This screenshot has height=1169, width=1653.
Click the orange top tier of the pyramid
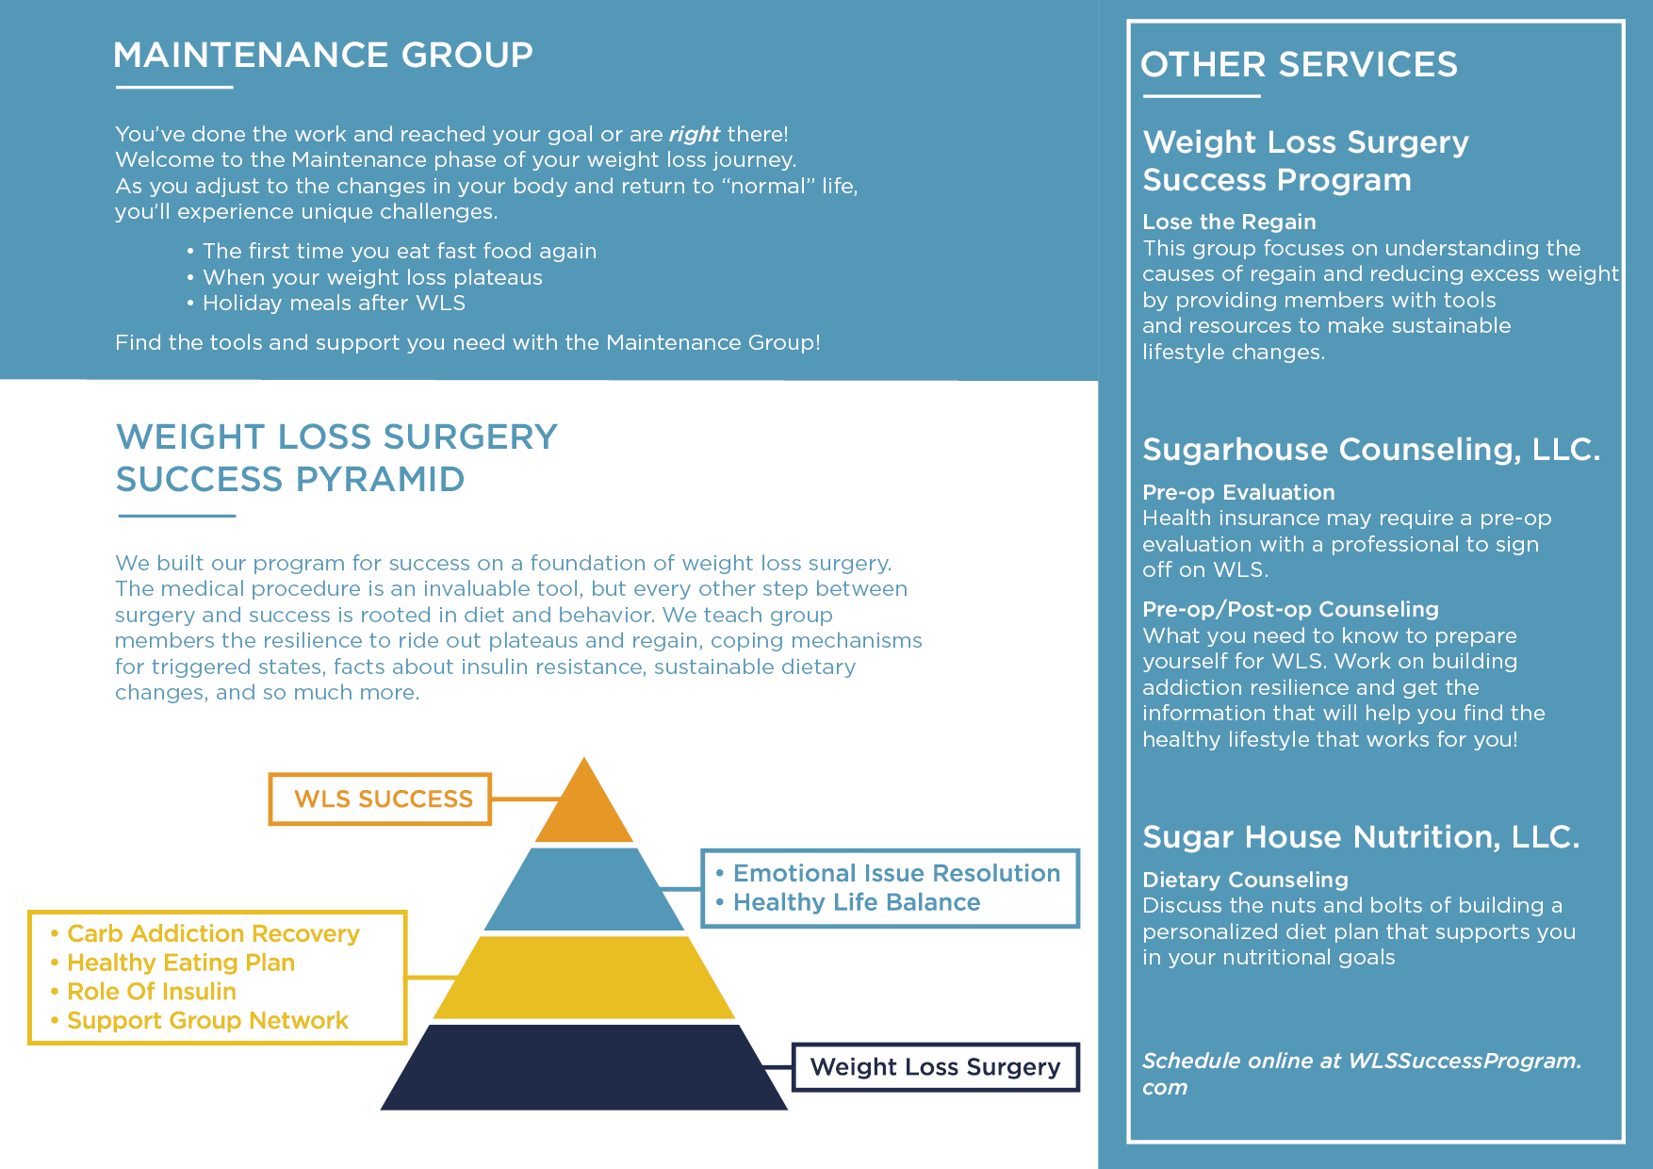(584, 811)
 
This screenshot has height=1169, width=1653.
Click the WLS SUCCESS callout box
(381, 799)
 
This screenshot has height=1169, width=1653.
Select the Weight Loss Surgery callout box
(935, 1067)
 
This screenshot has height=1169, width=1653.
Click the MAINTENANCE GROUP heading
(323, 56)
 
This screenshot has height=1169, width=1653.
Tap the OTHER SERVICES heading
(1299, 65)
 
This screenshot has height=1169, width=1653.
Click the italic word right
(695, 134)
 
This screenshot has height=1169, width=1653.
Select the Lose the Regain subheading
(1229, 222)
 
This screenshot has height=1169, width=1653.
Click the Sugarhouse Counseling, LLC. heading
(1371, 450)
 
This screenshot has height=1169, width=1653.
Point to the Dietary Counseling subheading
(1245, 881)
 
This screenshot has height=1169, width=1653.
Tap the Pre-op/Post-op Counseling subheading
(1290, 610)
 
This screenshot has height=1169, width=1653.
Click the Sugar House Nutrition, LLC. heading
(1361, 837)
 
